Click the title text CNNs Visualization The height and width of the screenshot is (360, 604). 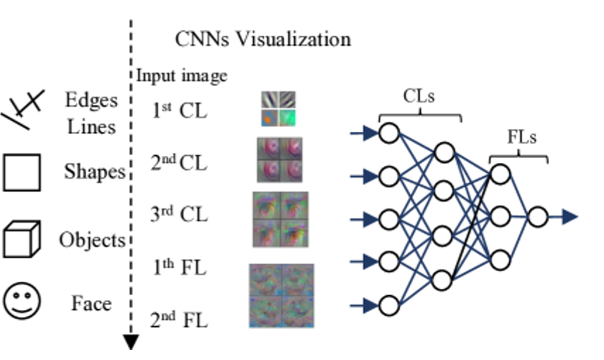(x=263, y=39)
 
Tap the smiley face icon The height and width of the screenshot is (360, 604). (x=22, y=301)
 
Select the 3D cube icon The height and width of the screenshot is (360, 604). (x=22, y=239)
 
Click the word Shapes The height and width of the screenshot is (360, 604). (x=95, y=172)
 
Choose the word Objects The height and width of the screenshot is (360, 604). (x=92, y=239)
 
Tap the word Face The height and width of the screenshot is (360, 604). (x=92, y=303)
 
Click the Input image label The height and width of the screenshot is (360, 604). (x=182, y=76)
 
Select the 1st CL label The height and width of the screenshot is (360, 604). (x=180, y=110)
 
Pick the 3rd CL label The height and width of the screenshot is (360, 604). (x=179, y=214)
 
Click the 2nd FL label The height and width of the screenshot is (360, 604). (x=179, y=320)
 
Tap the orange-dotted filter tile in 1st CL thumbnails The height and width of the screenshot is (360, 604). (x=270, y=118)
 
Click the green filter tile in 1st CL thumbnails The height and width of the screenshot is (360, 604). (x=287, y=118)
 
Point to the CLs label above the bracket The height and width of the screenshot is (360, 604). (x=419, y=96)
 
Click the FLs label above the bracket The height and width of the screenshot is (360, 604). (x=522, y=137)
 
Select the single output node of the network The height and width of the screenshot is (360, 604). (x=537, y=217)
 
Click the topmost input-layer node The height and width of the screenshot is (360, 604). (x=389, y=133)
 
